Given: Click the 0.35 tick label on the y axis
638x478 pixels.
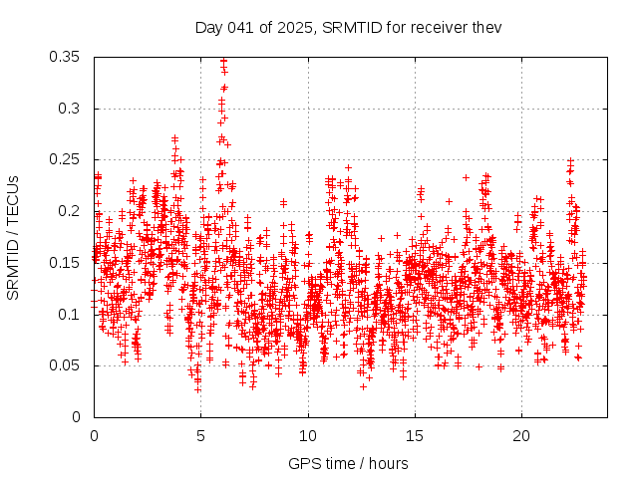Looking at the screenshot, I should coord(66,57).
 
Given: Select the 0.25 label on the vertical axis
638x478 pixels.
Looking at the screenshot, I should coord(66,160).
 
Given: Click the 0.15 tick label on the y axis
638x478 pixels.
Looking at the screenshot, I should coord(66,263).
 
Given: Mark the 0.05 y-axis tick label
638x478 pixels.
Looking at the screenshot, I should coord(66,365).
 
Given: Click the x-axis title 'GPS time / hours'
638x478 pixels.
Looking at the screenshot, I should coord(348,464).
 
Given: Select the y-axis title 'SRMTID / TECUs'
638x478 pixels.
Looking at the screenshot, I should coord(13,237).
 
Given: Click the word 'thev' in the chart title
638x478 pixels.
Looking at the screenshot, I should coord(484,27).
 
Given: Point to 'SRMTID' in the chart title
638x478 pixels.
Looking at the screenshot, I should coord(349,27).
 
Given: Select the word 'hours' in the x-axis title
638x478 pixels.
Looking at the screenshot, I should coord(388,464).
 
